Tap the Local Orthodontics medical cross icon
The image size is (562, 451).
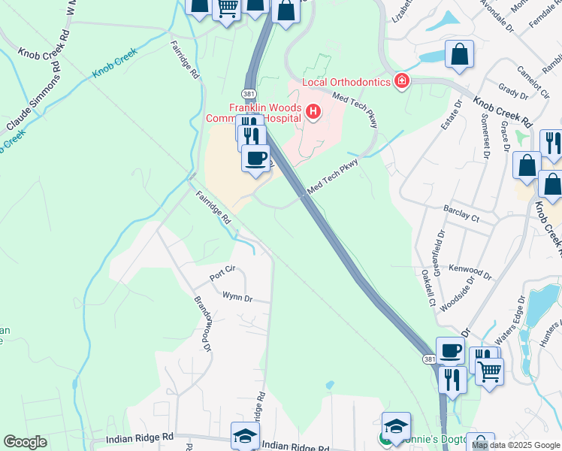pos(402,81)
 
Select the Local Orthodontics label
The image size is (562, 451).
pos(346,82)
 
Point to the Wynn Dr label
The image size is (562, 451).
pos(236,298)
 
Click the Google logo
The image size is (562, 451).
pos(25,442)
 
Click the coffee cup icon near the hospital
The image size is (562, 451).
pos(255,159)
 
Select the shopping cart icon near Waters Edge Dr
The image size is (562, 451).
pos(489,370)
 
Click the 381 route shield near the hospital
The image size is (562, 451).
pos(249,94)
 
